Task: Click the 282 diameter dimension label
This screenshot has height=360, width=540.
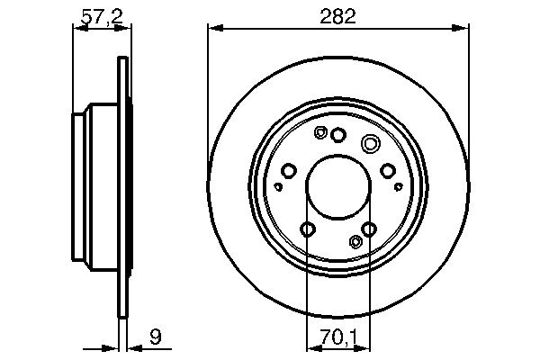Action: [337, 16]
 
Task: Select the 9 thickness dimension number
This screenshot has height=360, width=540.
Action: [155, 338]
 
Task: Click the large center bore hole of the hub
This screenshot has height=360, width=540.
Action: [337, 189]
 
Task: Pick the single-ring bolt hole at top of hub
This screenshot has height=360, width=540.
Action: [338, 135]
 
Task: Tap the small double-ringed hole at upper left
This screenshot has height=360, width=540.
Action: [320, 132]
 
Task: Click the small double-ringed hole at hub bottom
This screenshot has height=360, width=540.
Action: [355, 241]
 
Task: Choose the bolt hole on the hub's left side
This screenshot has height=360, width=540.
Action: [289, 171]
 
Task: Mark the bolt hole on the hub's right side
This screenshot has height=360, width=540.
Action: [387, 171]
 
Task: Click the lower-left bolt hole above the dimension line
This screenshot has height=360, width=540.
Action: [308, 229]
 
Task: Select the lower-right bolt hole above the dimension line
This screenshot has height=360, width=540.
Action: [369, 229]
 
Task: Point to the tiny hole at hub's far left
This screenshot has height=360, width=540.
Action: [278, 186]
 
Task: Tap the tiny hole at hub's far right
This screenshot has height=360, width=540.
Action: [399, 186]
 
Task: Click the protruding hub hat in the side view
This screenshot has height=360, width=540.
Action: [94, 189]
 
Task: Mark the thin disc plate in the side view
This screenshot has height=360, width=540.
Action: [121, 189]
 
